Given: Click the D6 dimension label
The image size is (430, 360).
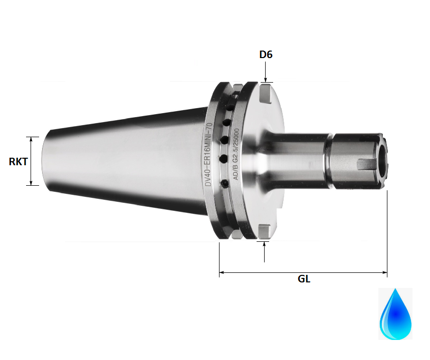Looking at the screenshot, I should tap(266, 55).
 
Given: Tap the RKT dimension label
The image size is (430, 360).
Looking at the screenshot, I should tap(18, 161).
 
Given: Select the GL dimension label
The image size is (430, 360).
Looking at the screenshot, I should tap(304, 279).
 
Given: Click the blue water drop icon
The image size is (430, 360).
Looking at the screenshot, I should tap(395, 314).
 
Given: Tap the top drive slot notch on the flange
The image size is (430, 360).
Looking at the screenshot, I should tap(265, 93).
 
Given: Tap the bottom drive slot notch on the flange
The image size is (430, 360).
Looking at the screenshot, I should tap(264, 231).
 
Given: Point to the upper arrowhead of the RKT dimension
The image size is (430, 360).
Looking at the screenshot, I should tap(32, 139).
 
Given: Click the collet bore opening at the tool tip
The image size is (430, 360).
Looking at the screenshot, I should tap(383, 161).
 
